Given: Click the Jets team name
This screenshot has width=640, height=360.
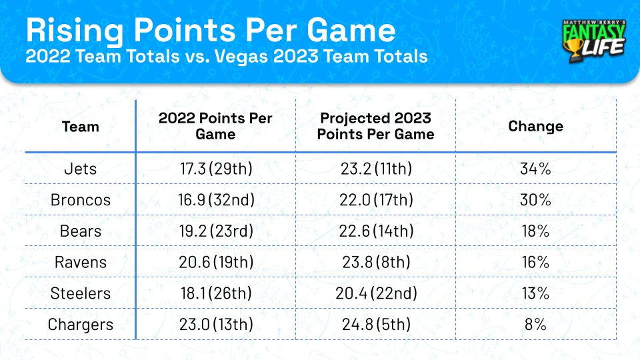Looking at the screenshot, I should point(80,169).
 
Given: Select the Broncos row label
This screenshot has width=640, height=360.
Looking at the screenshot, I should point(80,200).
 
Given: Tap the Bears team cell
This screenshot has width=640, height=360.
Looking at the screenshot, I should point(80,231).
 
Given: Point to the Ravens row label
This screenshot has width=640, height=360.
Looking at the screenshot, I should point(80,263).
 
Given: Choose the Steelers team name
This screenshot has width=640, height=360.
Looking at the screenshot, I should point(80,294).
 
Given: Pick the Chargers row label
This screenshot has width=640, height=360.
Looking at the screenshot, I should point(80,325).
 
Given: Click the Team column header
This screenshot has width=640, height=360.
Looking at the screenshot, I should point(80,127).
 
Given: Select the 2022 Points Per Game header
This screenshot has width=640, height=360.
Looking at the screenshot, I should point(215,126).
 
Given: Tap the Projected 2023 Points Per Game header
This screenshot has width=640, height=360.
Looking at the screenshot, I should point(375,126).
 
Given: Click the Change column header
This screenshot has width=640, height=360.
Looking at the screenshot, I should point(535,127).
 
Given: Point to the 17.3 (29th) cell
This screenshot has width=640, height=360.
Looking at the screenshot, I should point(215,169).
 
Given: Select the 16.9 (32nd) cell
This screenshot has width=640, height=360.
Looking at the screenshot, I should point(215,200).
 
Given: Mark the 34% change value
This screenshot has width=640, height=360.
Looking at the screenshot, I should point(535,169).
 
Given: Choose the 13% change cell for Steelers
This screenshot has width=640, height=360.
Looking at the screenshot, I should point(535,294).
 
